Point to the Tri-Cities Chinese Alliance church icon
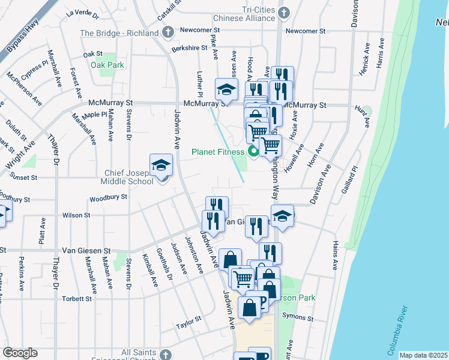pos(285,12)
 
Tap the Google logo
pos(20,353)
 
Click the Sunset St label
pos(23,178)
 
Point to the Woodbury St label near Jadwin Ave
pos(108,197)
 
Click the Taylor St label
pos(188,326)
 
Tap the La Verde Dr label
pos(82,12)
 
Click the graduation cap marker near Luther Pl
pos(226,90)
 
